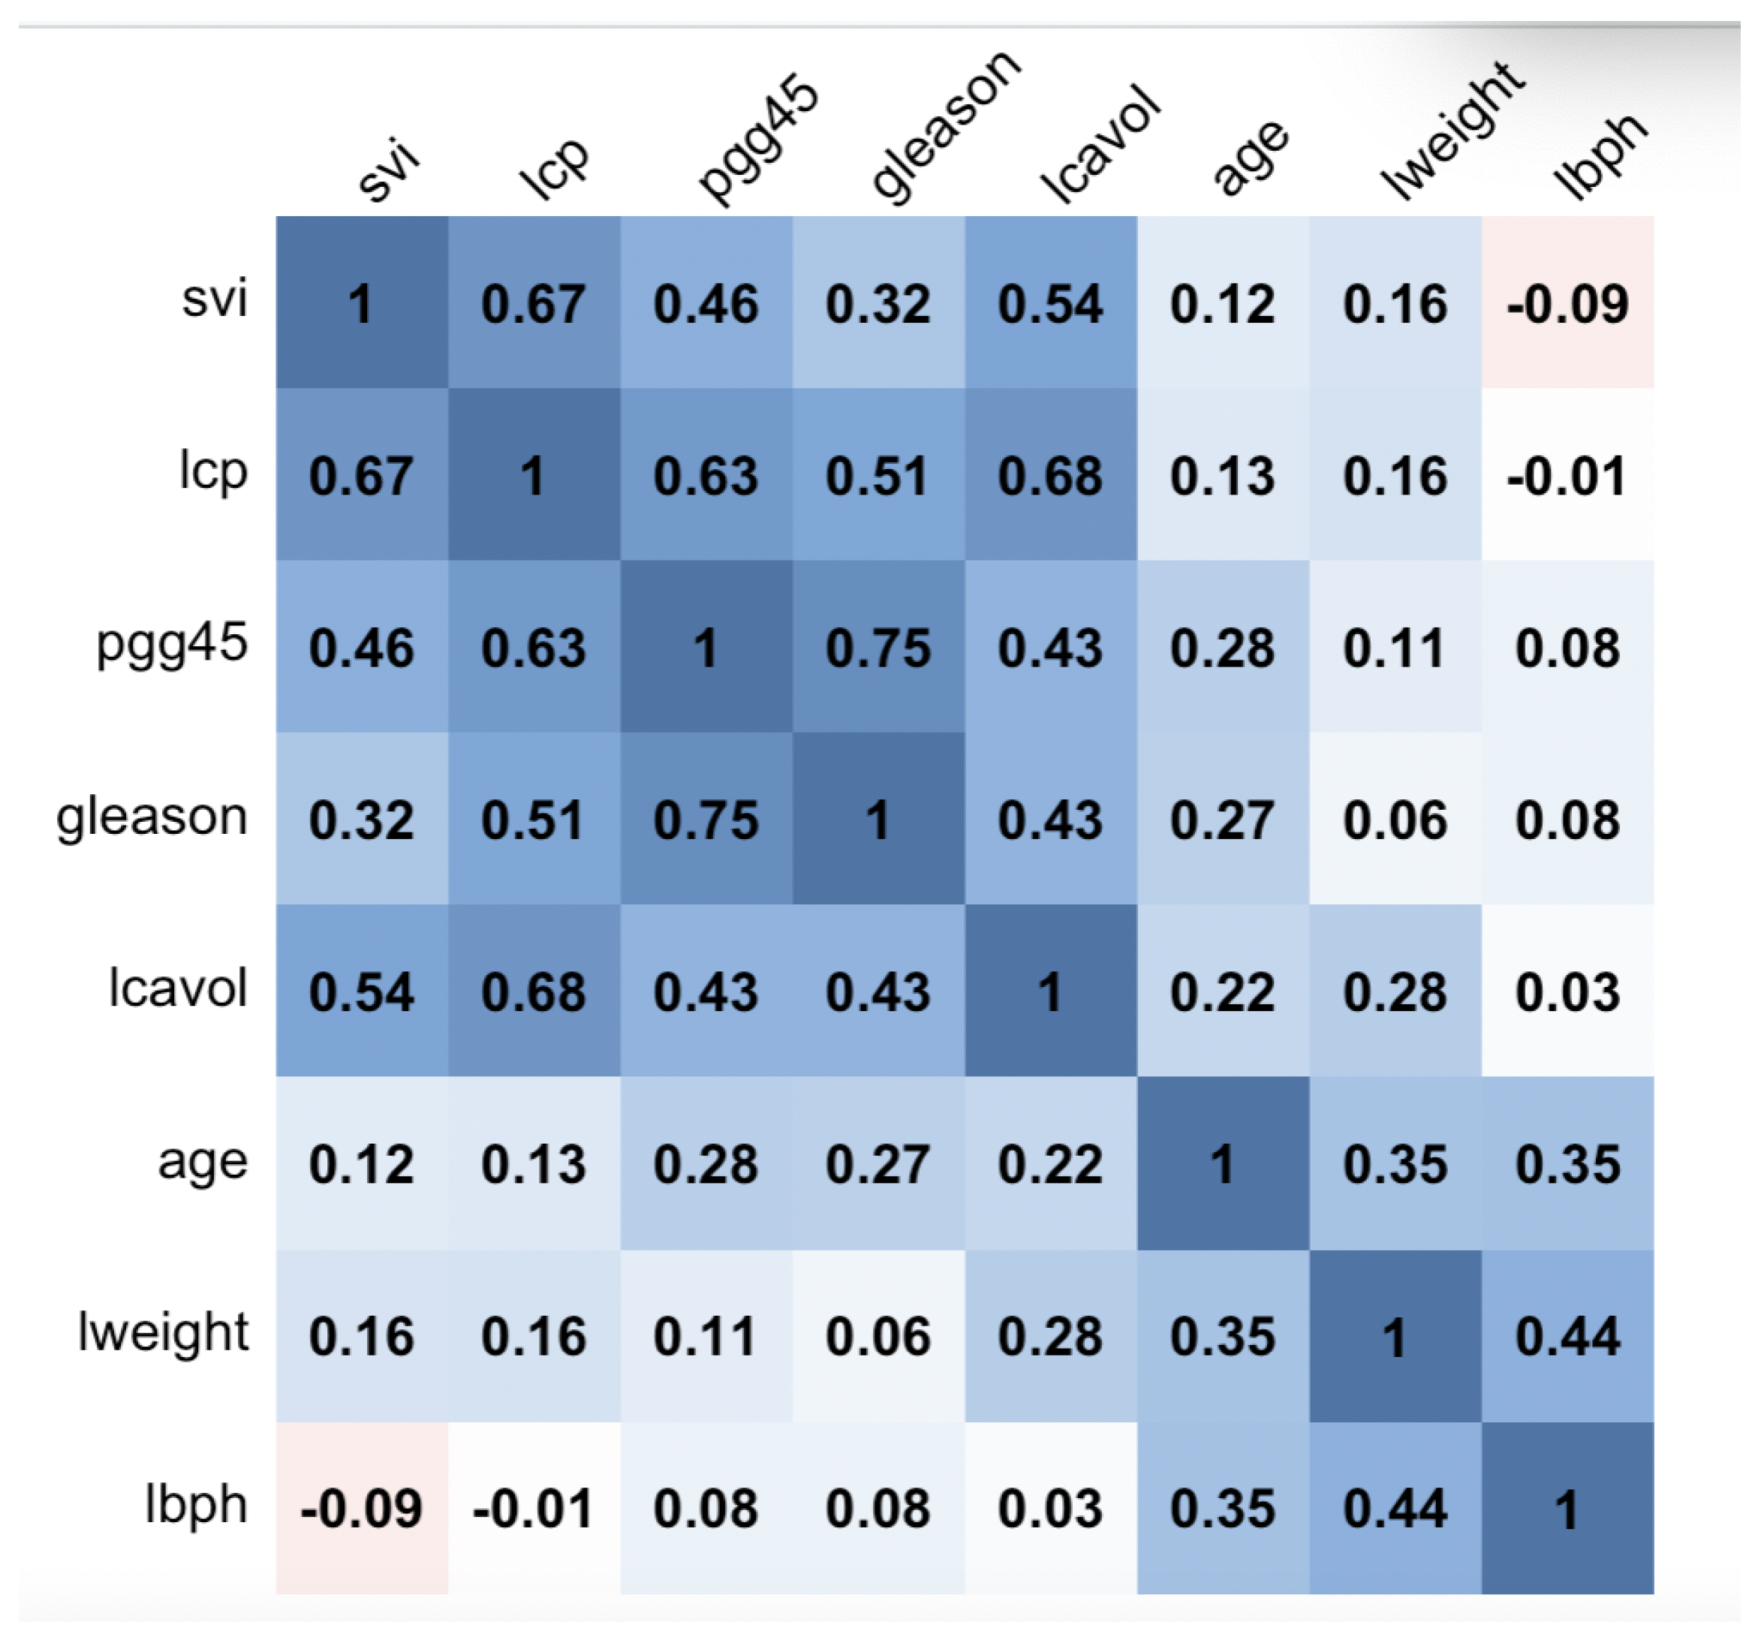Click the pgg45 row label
click(172, 644)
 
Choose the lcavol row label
click(177, 988)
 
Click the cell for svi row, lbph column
click(1567, 302)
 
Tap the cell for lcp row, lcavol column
click(1051, 474)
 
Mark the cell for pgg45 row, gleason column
click(878, 646)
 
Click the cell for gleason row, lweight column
click(1395, 818)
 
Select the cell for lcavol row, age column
click(1222, 991)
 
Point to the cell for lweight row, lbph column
click(1567, 1335)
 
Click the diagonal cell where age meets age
click(1222, 1163)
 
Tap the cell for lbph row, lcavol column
click(1051, 1507)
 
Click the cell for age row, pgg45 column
click(706, 1163)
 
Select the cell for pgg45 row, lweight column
click(1395, 646)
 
